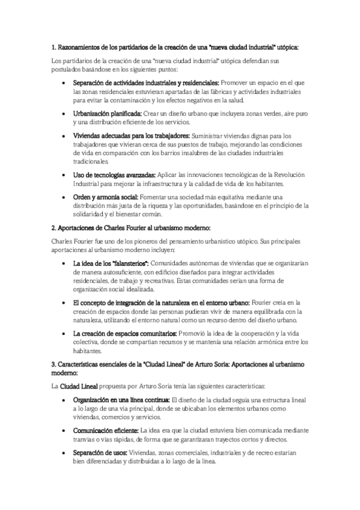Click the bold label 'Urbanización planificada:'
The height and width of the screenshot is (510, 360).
[107, 112]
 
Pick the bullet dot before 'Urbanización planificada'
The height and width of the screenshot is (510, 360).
[64, 113]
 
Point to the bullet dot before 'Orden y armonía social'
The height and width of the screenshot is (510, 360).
[64, 198]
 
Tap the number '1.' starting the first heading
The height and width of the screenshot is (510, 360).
[53, 46]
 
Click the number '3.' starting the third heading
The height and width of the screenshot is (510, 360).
[53, 364]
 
